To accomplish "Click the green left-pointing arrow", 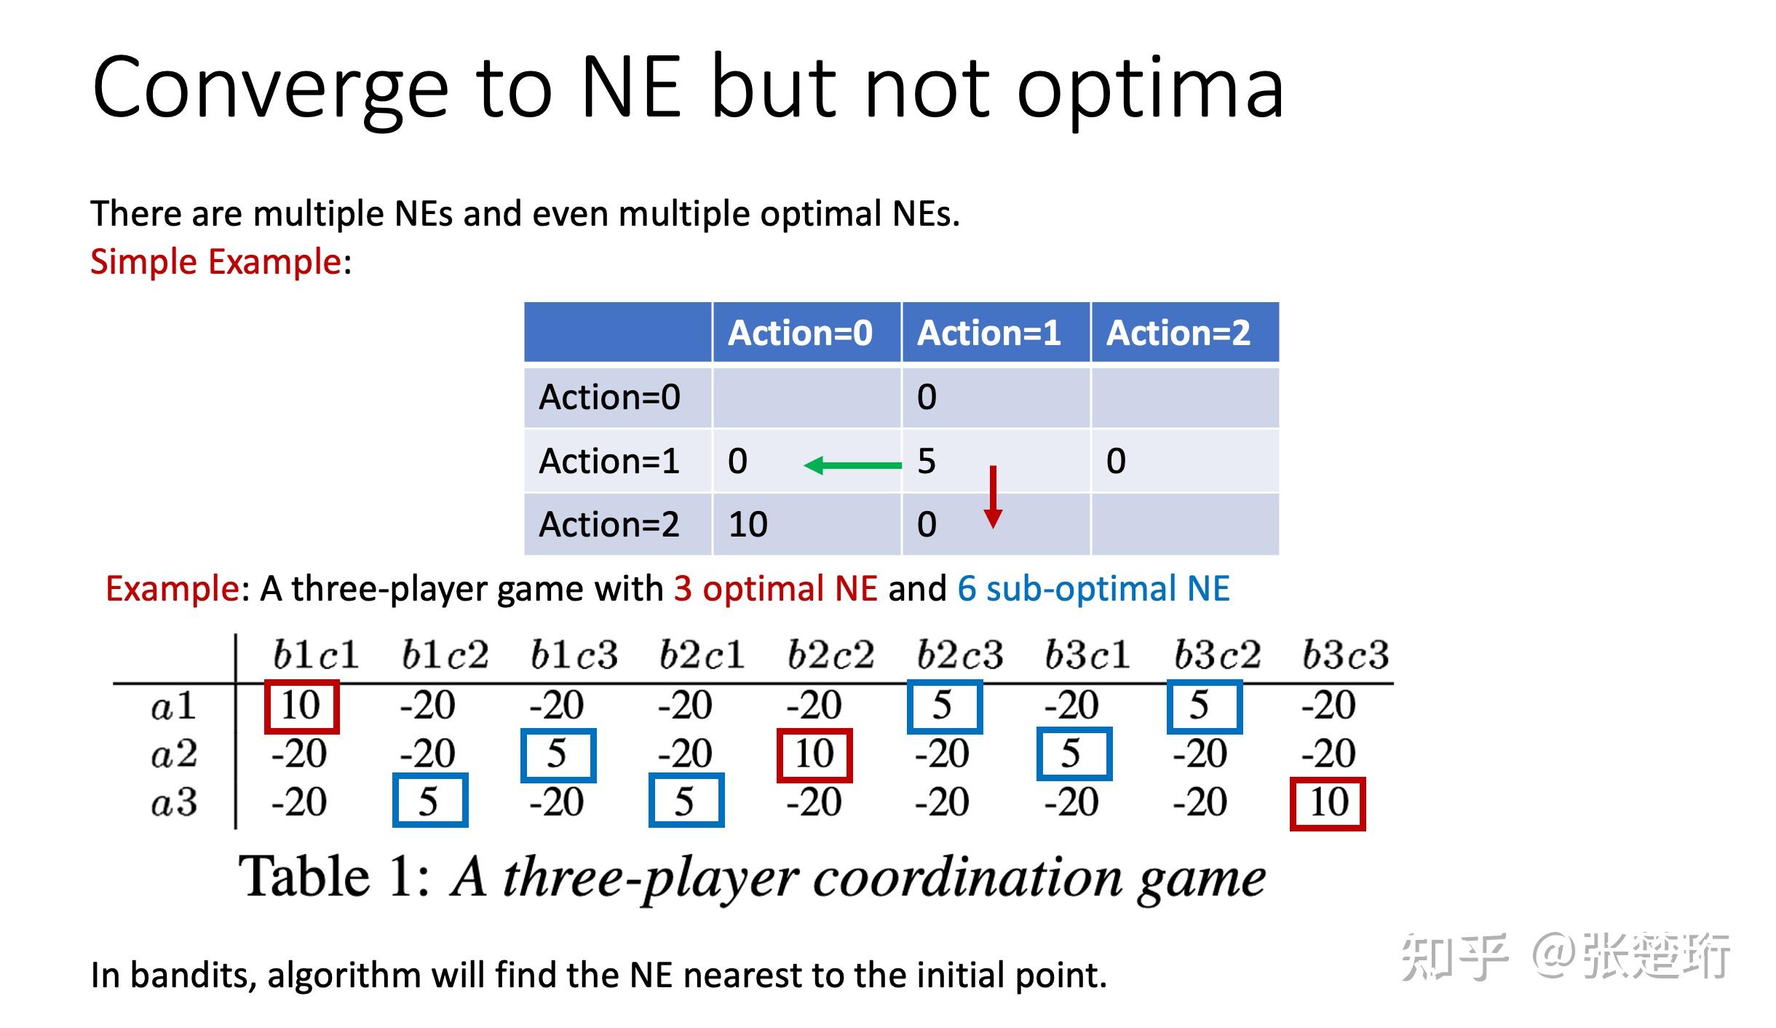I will tap(852, 465).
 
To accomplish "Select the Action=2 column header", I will tap(1178, 333).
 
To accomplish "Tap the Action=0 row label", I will tap(609, 398).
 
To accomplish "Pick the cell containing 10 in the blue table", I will tap(748, 524).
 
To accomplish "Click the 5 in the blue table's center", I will tap(927, 461).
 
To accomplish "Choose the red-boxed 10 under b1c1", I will tap(301, 705).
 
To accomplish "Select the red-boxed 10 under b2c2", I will tap(814, 754).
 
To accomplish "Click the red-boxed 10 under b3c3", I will tap(1328, 803).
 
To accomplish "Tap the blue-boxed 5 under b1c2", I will tap(429, 801).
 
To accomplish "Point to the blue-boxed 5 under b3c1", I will tap(1073, 753).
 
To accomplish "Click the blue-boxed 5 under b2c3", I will tap(944, 705).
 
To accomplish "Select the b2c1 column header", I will tap(702, 655).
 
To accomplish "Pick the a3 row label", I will tap(174, 803).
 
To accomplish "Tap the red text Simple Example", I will tap(215, 261).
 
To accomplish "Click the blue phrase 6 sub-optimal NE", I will tap(1093, 588).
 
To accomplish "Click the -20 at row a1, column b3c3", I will tap(1328, 705).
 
